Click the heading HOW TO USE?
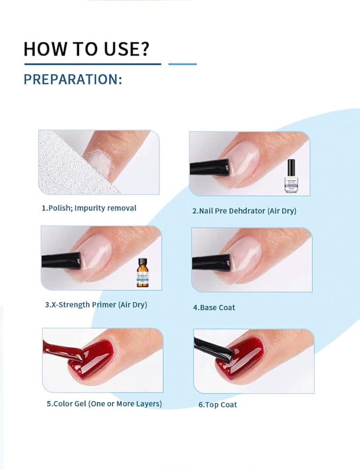86,49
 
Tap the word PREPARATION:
73,80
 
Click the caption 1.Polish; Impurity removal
89,208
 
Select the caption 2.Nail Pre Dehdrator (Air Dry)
244,211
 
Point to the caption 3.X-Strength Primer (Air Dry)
96,305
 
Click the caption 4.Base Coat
214,307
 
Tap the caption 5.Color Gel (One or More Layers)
104,404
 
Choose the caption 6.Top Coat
218,405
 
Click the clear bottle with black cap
292,176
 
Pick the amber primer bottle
142,273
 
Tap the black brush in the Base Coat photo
212,261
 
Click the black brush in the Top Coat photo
214,348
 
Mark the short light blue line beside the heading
182,64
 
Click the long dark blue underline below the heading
92,64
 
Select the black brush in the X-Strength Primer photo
62,261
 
